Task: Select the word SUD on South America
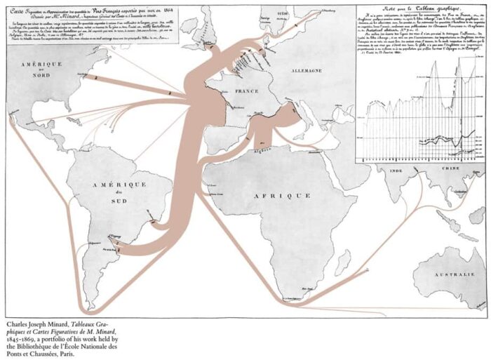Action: pyautogui.click(x=119, y=203)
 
